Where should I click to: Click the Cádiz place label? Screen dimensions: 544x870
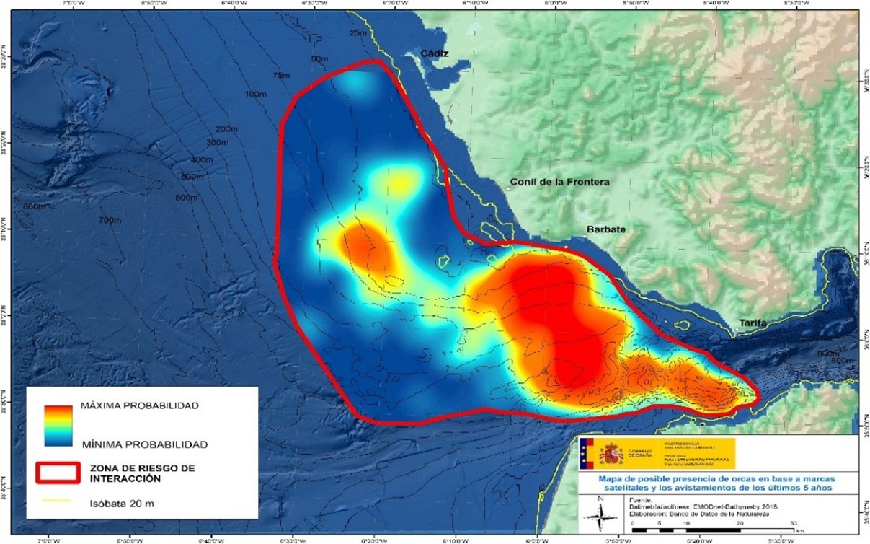(435, 54)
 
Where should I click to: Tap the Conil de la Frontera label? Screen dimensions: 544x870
(559, 182)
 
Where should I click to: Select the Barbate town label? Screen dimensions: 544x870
(605, 229)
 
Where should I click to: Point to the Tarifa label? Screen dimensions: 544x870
(752, 324)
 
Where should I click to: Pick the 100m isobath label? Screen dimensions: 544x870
(255, 95)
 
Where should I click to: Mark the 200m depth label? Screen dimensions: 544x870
(226, 129)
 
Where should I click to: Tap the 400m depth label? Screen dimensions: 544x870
(202, 159)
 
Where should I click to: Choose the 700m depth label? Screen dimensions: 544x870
(110, 220)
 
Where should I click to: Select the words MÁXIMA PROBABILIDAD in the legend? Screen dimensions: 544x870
(139, 405)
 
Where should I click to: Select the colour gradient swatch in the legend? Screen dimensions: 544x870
(57, 425)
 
